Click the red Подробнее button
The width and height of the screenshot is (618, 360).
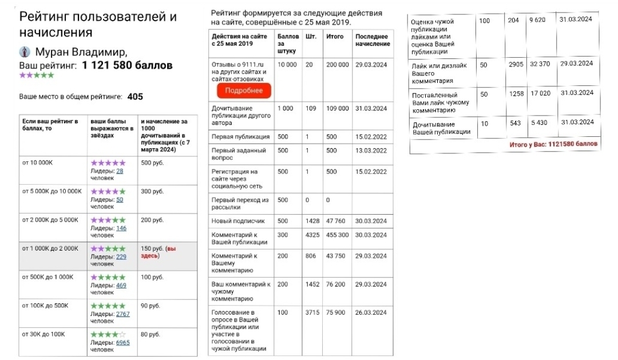[x=244, y=90]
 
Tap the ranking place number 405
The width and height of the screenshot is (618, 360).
[x=135, y=97]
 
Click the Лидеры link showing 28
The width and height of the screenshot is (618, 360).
[x=120, y=171]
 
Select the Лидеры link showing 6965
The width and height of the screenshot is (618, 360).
[x=123, y=342]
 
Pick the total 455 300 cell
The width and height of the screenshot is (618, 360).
[x=337, y=235]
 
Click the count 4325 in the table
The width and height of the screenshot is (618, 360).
[x=313, y=235]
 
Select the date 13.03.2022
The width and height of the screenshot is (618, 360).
[x=371, y=151]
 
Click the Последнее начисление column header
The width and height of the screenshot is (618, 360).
[x=373, y=40]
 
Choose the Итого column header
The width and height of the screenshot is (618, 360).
[x=335, y=37]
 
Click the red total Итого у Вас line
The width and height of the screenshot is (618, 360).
[x=553, y=145]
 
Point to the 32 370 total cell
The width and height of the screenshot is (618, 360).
[x=540, y=64]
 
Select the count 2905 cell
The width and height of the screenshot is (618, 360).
[x=516, y=64]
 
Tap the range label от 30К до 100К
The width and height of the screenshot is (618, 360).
[x=43, y=334]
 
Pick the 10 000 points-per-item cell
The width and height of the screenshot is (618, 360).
[x=287, y=65]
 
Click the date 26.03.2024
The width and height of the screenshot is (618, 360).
[x=371, y=312]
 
